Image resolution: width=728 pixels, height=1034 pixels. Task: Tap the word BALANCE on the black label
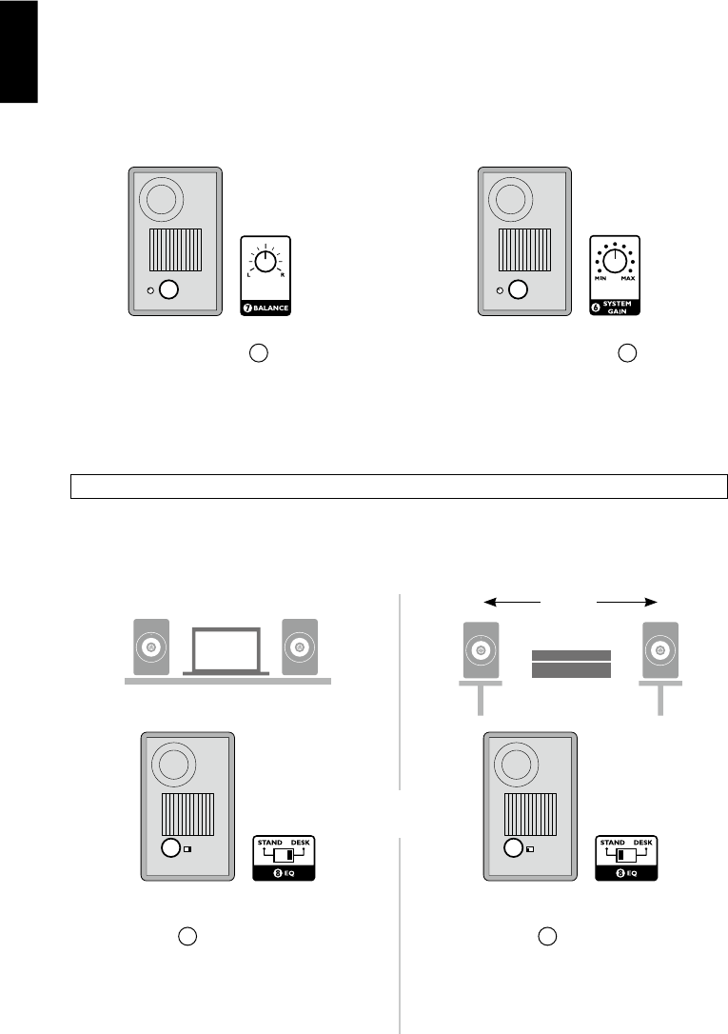click(271, 309)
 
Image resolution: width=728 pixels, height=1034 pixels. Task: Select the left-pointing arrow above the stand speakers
click(512, 602)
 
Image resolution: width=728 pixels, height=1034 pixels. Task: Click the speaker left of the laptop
click(150, 647)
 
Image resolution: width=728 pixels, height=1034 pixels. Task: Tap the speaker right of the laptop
click(300, 647)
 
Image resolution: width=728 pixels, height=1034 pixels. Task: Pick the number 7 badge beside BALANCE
click(248, 309)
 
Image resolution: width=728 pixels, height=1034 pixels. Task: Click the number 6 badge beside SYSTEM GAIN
click(596, 306)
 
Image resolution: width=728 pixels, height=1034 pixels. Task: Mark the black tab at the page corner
click(18, 51)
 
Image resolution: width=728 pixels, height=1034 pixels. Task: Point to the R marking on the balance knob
click(283, 274)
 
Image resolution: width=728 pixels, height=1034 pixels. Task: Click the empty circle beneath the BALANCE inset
click(259, 353)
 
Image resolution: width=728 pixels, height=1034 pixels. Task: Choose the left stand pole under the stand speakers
click(482, 700)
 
